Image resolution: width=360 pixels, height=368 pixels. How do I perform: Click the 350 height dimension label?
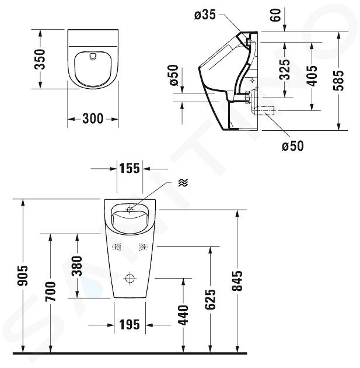39,59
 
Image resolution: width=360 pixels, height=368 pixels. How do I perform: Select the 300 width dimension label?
93,119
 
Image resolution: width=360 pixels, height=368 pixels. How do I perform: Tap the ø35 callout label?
205,15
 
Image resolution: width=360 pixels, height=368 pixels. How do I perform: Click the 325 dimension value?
285,70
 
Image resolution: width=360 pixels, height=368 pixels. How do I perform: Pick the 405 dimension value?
312,75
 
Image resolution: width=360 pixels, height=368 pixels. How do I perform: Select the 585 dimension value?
338,80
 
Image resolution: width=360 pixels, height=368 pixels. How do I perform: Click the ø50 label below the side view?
293,146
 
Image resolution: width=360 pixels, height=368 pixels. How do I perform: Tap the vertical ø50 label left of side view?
174,75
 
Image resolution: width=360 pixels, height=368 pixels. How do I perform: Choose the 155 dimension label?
130,168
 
